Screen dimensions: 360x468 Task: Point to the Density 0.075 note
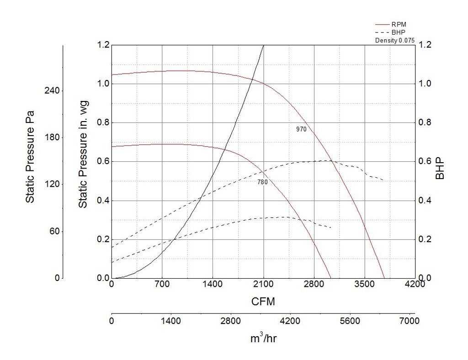tap(395, 40)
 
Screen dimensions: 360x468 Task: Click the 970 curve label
tap(301, 129)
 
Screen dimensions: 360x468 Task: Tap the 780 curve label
tap(262, 182)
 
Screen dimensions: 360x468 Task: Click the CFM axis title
tap(263, 302)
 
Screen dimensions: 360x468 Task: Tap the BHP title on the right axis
tap(440, 169)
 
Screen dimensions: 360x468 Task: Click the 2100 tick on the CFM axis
tap(263, 284)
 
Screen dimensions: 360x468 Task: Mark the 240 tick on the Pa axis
tap(51, 90)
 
